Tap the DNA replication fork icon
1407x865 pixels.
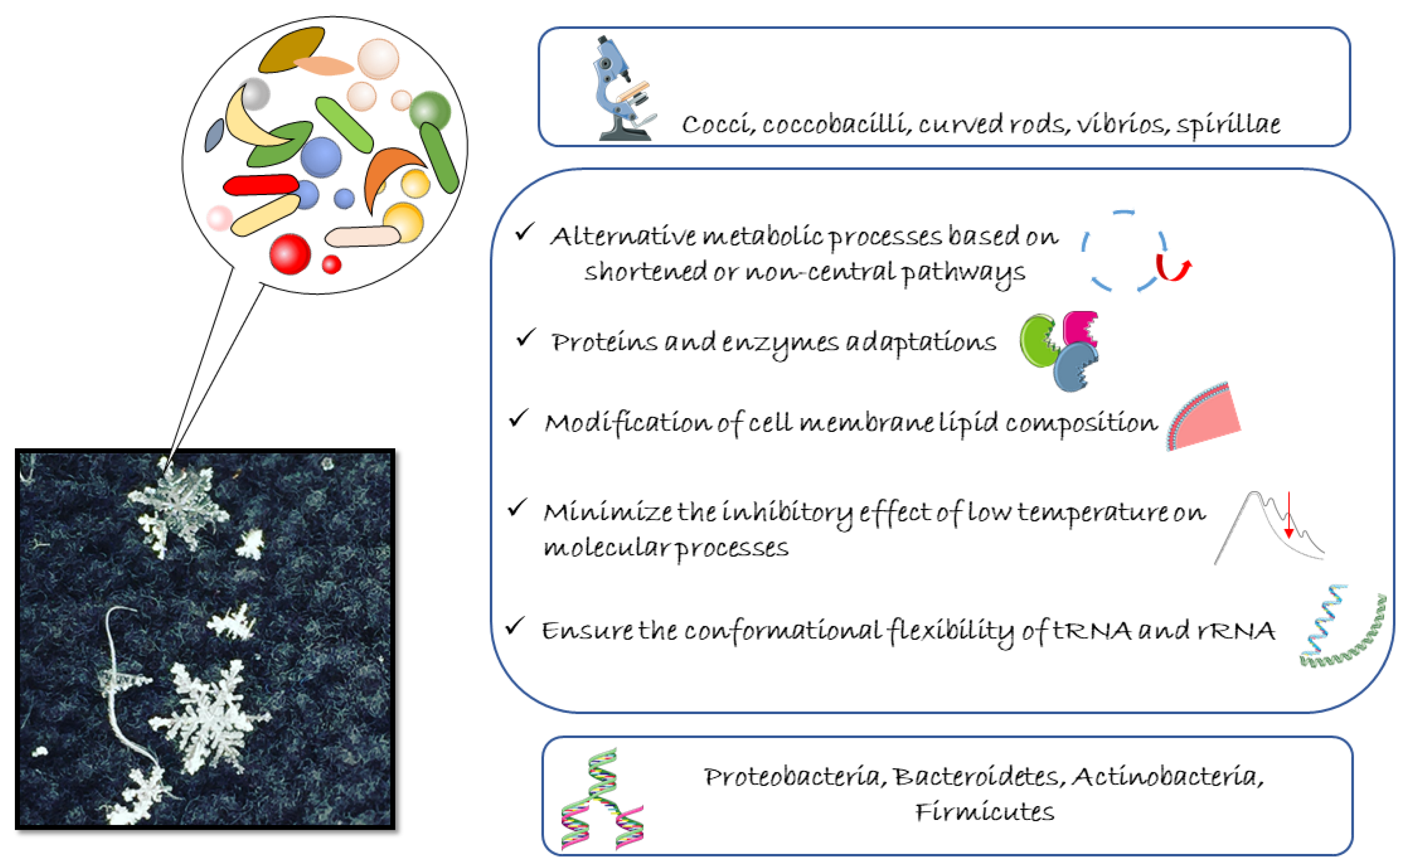coord(603,799)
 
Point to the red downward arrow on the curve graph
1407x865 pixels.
coord(1289,515)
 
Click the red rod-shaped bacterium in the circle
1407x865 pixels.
coord(261,185)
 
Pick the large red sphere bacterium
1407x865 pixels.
coord(290,253)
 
